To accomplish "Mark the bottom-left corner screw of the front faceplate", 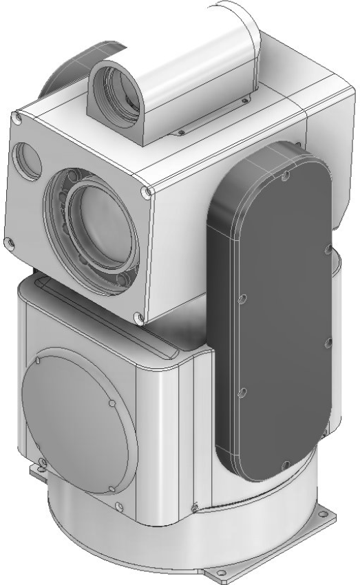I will coord(8,243).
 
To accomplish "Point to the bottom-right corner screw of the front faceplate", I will coord(138,318).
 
